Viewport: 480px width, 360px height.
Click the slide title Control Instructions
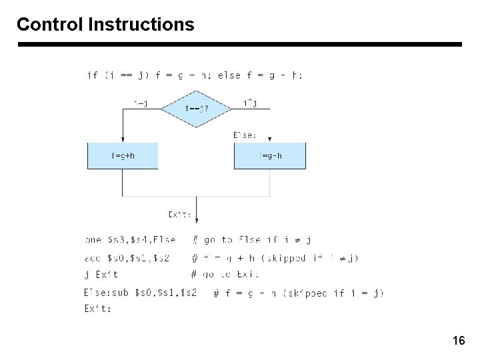click(x=105, y=25)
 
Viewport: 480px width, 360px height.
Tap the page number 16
click(x=459, y=341)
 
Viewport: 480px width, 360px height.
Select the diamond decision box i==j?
click(x=196, y=107)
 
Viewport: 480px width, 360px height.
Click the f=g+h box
click(x=123, y=156)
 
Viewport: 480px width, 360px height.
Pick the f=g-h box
click(x=269, y=156)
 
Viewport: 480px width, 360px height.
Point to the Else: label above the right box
click(x=245, y=135)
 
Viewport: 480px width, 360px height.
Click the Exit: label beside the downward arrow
click(x=180, y=214)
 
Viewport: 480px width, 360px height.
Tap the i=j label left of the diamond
click(x=141, y=103)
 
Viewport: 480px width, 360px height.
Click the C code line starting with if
click(x=195, y=75)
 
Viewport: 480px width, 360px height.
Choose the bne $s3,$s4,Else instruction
click(x=131, y=240)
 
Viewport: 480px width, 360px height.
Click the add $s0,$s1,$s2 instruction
click(x=128, y=258)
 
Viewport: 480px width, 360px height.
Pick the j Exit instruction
click(x=101, y=274)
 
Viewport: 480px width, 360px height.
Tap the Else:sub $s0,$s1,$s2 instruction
click(x=140, y=292)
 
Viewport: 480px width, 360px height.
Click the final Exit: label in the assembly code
click(x=98, y=308)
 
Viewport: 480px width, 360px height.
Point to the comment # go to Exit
click(x=225, y=274)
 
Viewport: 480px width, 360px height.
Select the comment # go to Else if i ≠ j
click(x=252, y=240)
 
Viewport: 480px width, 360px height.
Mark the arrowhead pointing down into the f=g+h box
click(x=123, y=139)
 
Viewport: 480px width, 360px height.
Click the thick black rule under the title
click(x=239, y=45)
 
